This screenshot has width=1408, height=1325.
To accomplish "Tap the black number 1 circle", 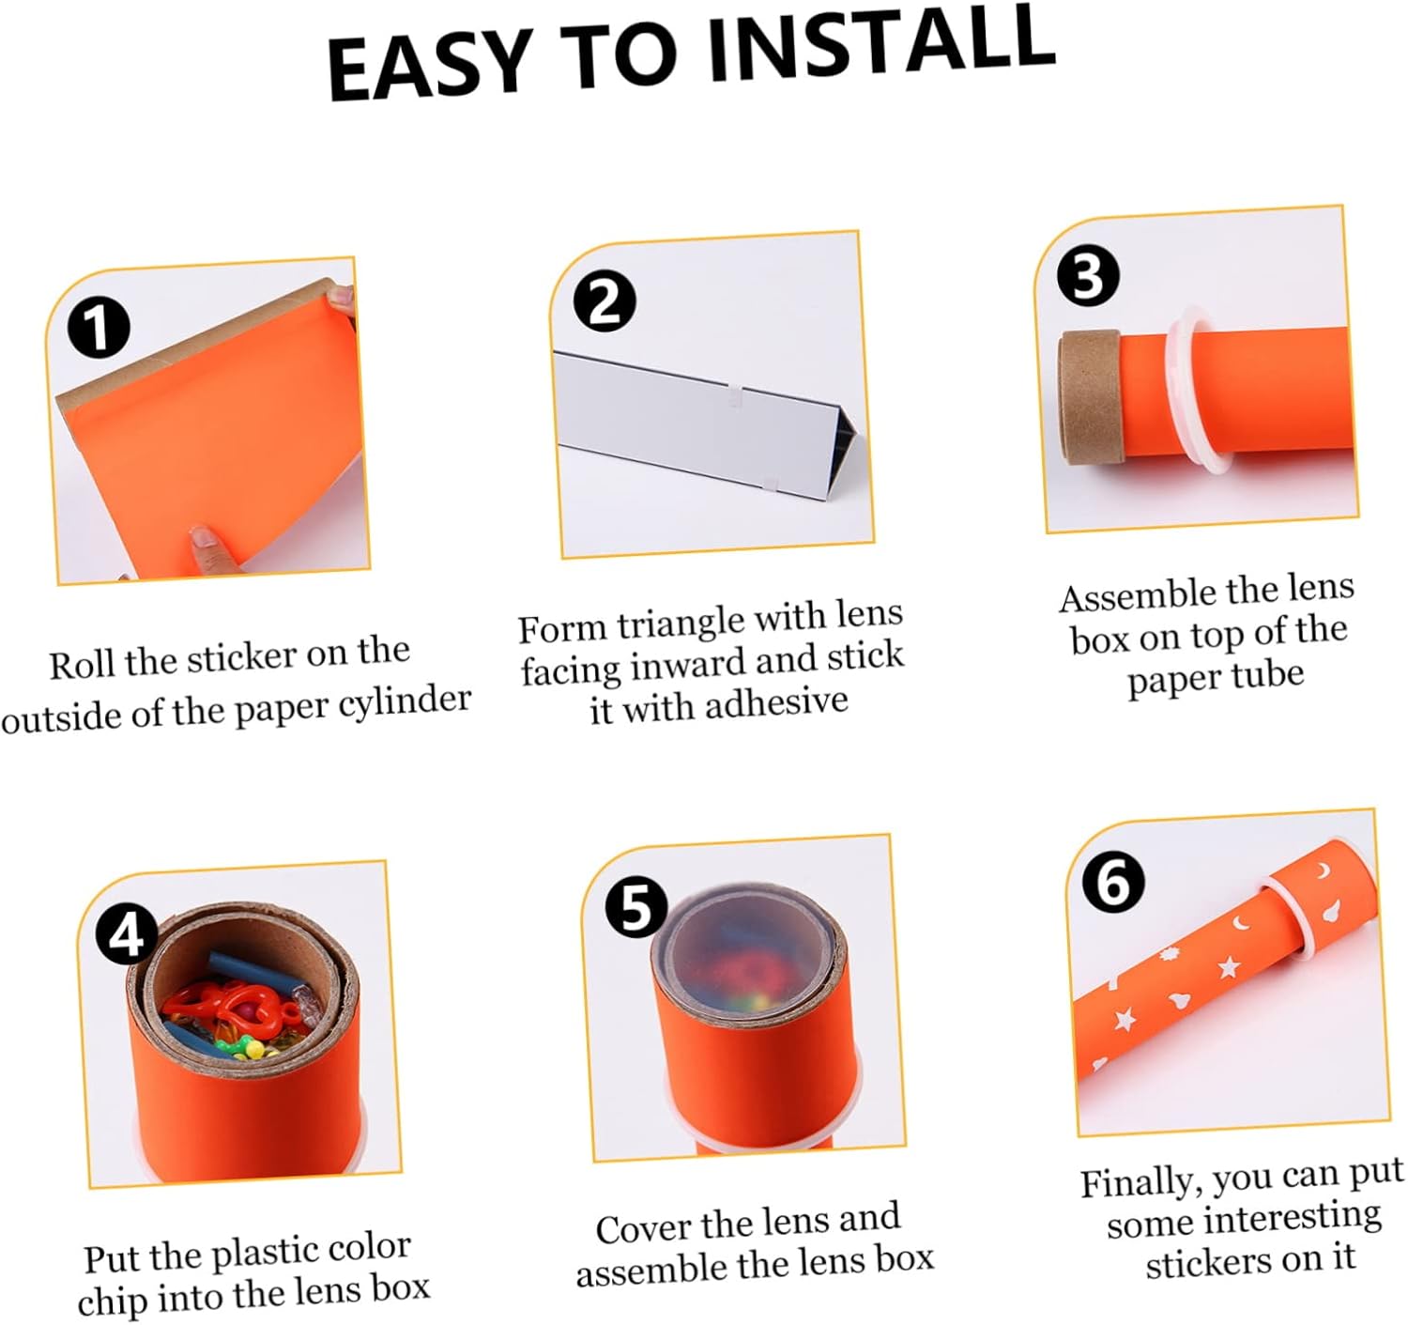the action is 99,329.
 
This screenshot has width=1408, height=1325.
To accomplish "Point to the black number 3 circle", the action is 1088,276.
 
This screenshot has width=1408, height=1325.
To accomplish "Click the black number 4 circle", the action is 129,936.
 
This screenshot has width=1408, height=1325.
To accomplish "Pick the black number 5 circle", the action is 635,909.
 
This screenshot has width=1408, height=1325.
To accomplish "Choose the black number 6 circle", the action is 1113,883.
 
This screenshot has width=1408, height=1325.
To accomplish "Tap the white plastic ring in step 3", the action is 1192,390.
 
